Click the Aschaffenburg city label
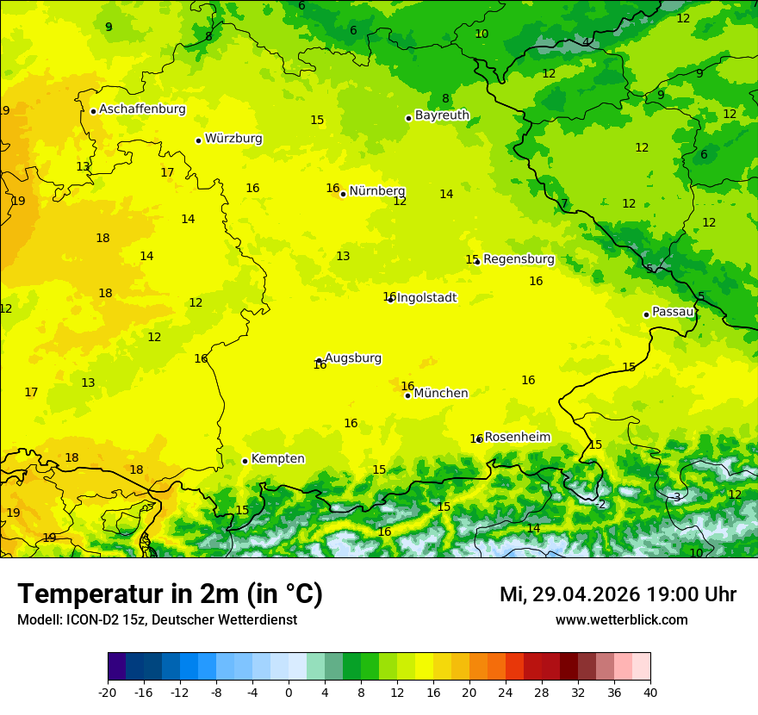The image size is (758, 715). point(142,109)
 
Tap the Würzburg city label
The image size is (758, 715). point(233,139)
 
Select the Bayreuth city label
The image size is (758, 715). point(442,115)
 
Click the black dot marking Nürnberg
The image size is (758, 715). point(343,194)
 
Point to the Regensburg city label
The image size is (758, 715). point(519,259)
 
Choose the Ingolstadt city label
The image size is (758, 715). point(426,298)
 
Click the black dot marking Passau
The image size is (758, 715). point(646,314)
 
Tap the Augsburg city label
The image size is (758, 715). point(353,358)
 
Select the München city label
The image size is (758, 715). point(441,394)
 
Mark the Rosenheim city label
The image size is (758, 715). point(517,438)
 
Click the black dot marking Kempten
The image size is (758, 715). point(245,461)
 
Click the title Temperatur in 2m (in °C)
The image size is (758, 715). point(170,594)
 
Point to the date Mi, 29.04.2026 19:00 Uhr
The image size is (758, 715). point(618,594)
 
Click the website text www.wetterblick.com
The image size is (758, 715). point(621,620)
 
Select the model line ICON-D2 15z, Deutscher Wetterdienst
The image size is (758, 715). point(157,620)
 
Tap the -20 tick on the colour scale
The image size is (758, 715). point(108,692)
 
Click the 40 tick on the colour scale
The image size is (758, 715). point(649,692)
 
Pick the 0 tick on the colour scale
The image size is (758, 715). point(289,692)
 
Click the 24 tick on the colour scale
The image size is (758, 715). point(506,692)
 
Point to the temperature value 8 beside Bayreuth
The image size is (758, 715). point(445,99)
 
